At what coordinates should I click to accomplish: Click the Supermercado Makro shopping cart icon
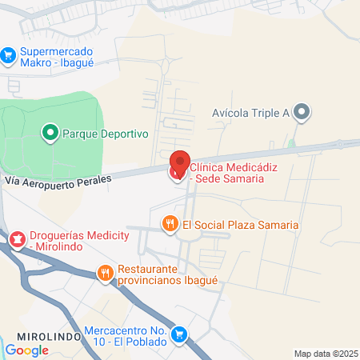(x=9, y=54)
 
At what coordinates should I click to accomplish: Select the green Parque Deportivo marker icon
(x=50, y=132)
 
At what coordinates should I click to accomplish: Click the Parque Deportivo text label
(x=106, y=134)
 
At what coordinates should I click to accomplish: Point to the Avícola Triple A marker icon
(x=302, y=112)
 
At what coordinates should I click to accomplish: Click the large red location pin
(x=179, y=163)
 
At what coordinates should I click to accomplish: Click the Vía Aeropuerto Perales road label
(x=56, y=180)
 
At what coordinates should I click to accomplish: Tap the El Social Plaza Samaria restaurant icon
(x=170, y=224)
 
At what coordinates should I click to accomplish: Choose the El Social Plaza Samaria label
(x=241, y=225)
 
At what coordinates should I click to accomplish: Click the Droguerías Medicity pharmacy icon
(x=17, y=238)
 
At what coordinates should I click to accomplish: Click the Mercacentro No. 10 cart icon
(x=181, y=334)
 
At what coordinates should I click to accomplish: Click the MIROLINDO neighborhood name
(x=47, y=336)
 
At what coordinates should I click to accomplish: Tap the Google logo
(x=26, y=350)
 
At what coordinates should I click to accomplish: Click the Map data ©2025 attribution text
(x=326, y=354)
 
